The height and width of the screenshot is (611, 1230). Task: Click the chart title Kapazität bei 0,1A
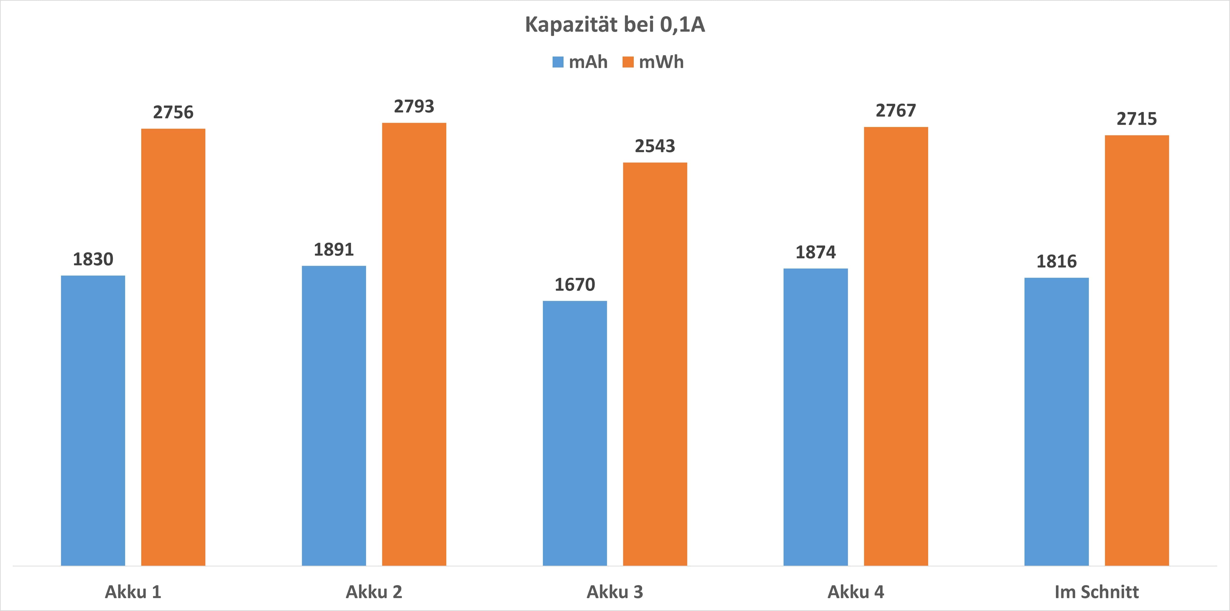click(615, 25)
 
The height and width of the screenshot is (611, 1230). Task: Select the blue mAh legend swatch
click(558, 62)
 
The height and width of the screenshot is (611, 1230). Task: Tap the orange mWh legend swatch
click(628, 62)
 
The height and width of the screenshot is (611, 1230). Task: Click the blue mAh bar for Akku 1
click(93, 420)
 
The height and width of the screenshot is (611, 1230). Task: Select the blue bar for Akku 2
click(334, 415)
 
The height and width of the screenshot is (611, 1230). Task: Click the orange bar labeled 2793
click(414, 344)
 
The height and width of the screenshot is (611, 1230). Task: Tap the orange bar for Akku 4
click(896, 346)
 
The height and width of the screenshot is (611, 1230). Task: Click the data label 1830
click(93, 259)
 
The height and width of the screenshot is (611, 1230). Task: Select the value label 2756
click(173, 113)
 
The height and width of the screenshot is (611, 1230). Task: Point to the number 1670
click(575, 285)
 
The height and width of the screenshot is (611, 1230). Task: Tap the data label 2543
click(655, 146)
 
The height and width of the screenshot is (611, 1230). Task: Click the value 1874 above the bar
click(815, 252)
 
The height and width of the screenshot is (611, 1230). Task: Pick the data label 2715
click(1137, 119)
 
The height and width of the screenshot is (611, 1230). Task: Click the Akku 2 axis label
click(374, 592)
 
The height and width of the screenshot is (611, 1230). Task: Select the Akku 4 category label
click(856, 592)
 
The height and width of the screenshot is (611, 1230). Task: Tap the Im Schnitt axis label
click(1097, 592)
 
